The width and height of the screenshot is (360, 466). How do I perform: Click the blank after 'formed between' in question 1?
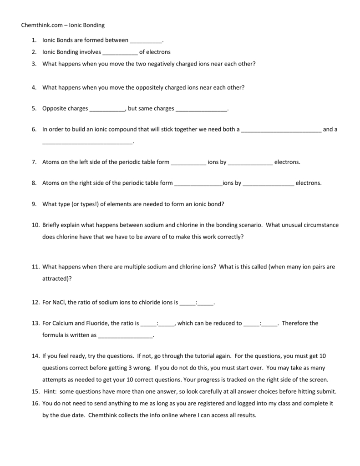pos(146,41)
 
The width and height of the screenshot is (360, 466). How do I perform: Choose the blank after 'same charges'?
pos(201,109)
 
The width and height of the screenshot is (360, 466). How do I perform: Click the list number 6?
pos(34,129)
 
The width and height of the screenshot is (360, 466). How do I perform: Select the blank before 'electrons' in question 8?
pos(268,183)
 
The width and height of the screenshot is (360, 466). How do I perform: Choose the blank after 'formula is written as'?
pos(126,336)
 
